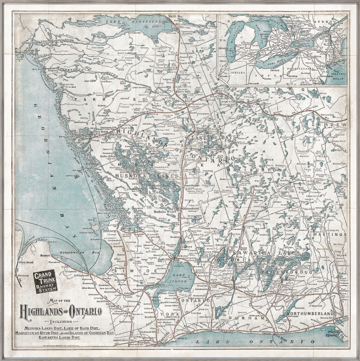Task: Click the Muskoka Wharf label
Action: [164, 212]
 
